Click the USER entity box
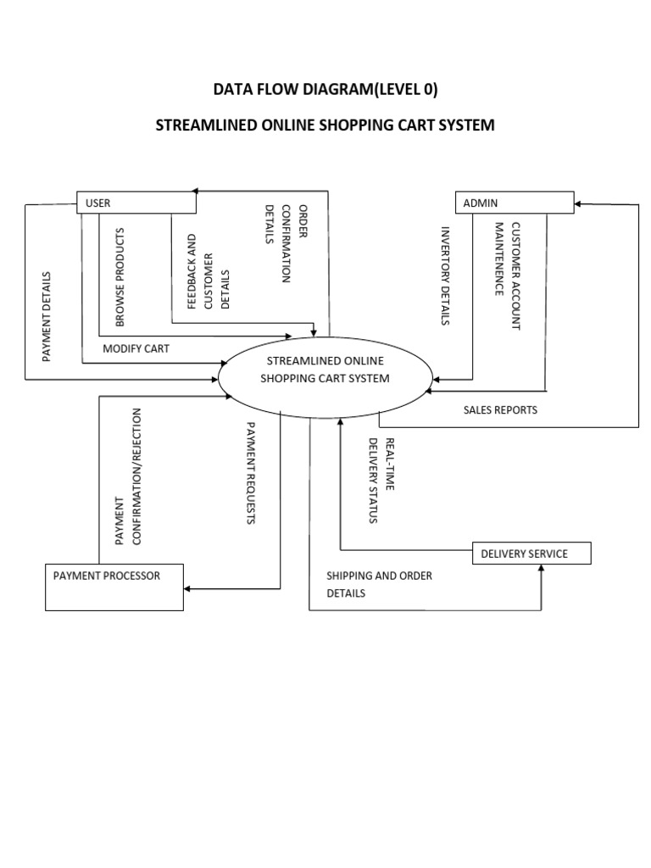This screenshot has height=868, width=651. [x=136, y=203]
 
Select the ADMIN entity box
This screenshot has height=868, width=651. [x=515, y=203]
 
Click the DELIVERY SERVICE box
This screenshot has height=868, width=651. [x=531, y=554]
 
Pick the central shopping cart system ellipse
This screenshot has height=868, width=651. [x=325, y=370]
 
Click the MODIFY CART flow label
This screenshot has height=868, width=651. [x=136, y=348]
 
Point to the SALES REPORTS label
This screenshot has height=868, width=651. [x=500, y=409]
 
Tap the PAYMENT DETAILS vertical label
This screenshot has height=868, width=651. [x=47, y=316]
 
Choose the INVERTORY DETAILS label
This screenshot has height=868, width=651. [x=444, y=275]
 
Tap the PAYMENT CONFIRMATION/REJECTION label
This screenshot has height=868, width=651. [x=126, y=476]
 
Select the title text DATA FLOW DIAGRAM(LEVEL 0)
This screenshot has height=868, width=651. [x=325, y=90]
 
